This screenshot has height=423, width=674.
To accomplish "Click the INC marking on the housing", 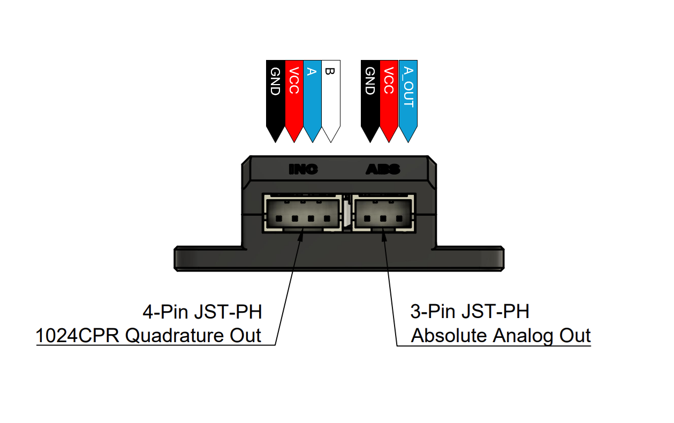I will click(x=303, y=170).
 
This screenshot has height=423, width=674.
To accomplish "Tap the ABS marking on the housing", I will click(x=382, y=170).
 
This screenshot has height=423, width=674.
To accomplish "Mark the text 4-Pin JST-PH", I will click(x=202, y=312).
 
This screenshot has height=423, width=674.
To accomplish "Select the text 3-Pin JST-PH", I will click(x=469, y=312).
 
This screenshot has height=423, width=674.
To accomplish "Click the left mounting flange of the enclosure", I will click(x=209, y=258).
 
